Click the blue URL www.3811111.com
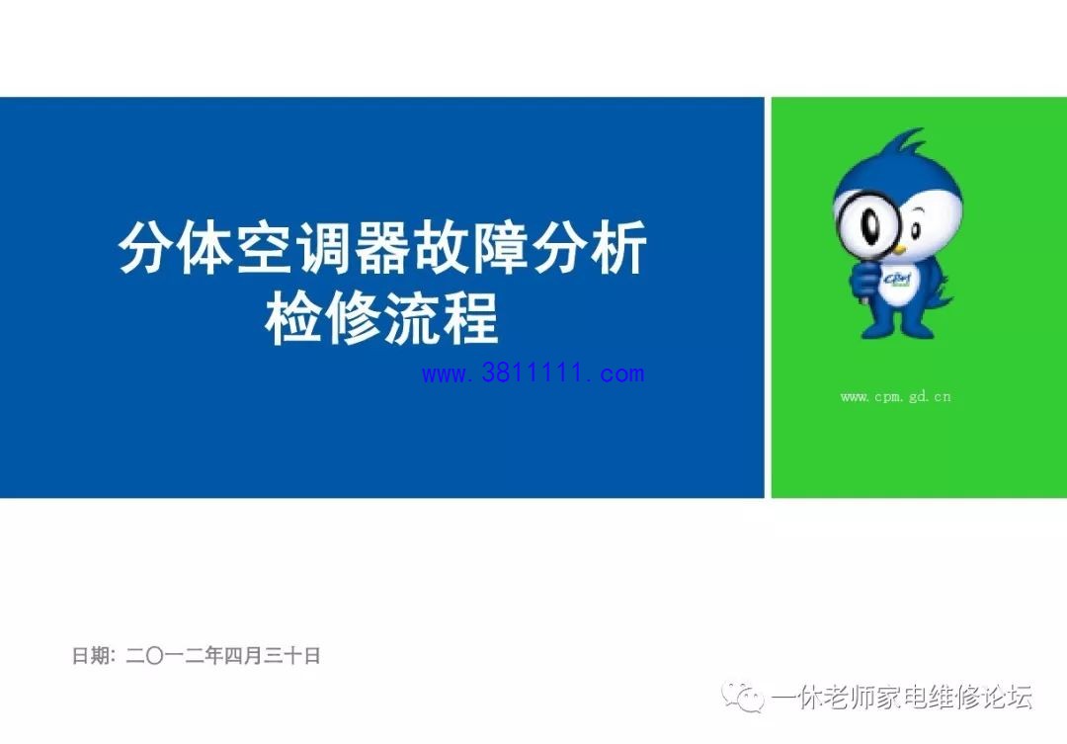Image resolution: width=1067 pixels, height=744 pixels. pos(533,373)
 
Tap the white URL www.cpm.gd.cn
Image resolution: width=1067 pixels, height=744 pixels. pos(895,396)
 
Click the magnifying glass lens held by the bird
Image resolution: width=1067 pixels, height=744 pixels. pos(867,223)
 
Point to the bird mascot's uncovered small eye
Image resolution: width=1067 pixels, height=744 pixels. pos(916,230)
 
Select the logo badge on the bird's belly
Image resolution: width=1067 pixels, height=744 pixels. pos(899,284)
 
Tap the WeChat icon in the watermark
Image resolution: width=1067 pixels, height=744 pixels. pos(743,697)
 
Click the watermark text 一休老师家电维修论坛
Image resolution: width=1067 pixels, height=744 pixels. pos(902,697)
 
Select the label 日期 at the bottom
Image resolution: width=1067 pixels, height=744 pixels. pos(90,655)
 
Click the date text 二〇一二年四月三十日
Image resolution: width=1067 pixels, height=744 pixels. pos(223,655)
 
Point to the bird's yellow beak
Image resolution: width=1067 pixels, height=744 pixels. pos(900,250)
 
